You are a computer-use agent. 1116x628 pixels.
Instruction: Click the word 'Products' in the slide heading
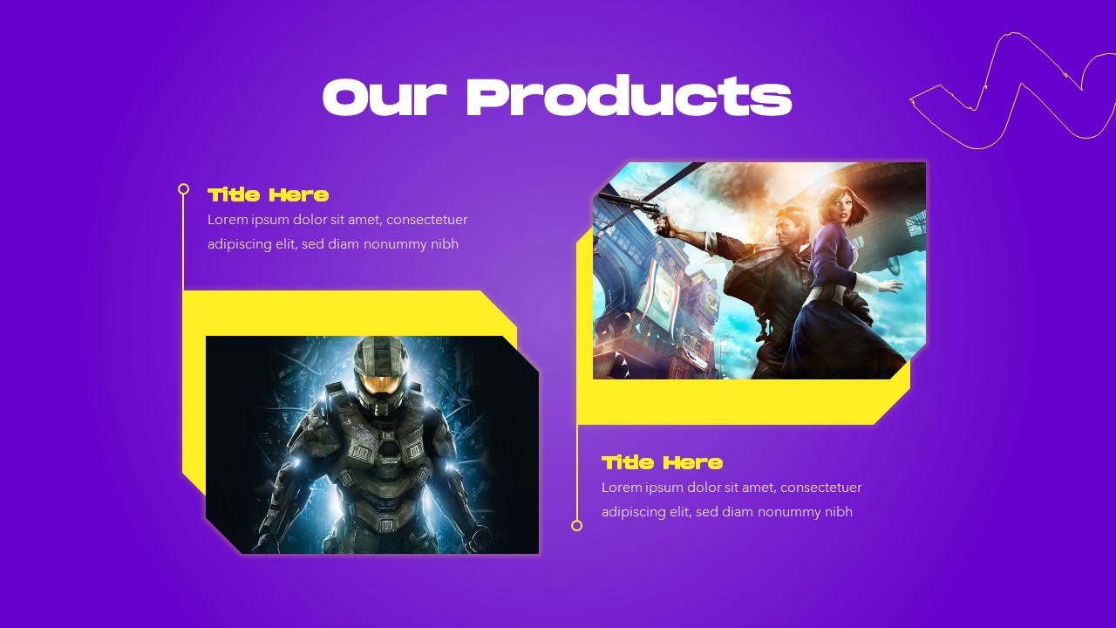click(629, 97)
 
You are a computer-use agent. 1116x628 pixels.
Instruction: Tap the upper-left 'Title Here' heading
click(268, 195)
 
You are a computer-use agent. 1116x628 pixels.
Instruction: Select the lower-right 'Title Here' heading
click(662, 462)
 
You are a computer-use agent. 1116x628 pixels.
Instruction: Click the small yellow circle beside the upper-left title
click(183, 188)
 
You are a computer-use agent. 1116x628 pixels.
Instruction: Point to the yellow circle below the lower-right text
click(576, 525)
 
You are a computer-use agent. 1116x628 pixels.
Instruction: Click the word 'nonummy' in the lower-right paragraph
click(790, 512)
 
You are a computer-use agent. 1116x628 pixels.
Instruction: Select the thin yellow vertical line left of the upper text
click(183, 240)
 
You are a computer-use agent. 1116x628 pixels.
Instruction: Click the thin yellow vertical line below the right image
click(576, 471)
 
